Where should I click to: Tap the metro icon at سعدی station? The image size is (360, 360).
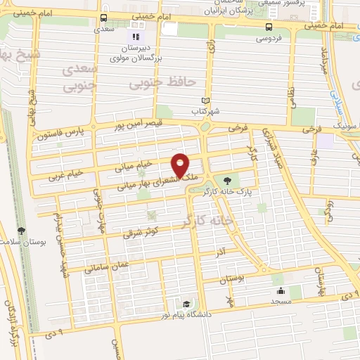(105, 18)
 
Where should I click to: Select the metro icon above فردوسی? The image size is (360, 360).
(268, 26)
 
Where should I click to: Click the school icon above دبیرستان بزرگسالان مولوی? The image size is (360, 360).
(135, 36)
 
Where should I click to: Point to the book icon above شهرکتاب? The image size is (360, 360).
(205, 101)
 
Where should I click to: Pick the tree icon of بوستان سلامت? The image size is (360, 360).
(22, 230)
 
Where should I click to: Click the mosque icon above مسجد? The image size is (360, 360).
(281, 290)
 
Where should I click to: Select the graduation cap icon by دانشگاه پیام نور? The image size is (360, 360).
(186, 304)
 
